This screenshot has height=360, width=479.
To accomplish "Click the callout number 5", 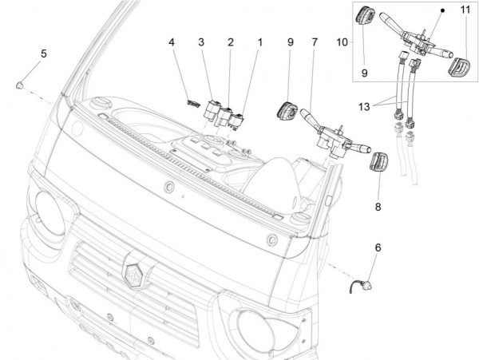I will click(x=43, y=53).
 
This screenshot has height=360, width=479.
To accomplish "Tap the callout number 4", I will click(x=172, y=42).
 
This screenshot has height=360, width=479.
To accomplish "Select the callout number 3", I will click(x=201, y=42).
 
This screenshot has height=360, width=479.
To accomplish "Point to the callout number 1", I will click(x=259, y=42).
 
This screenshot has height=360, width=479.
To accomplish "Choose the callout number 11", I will click(x=464, y=10).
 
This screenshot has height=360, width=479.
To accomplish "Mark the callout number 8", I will click(x=378, y=206).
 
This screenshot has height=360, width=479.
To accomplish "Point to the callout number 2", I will click(x=230, y=42).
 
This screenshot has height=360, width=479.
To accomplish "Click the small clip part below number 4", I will click(x=192, y=102).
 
